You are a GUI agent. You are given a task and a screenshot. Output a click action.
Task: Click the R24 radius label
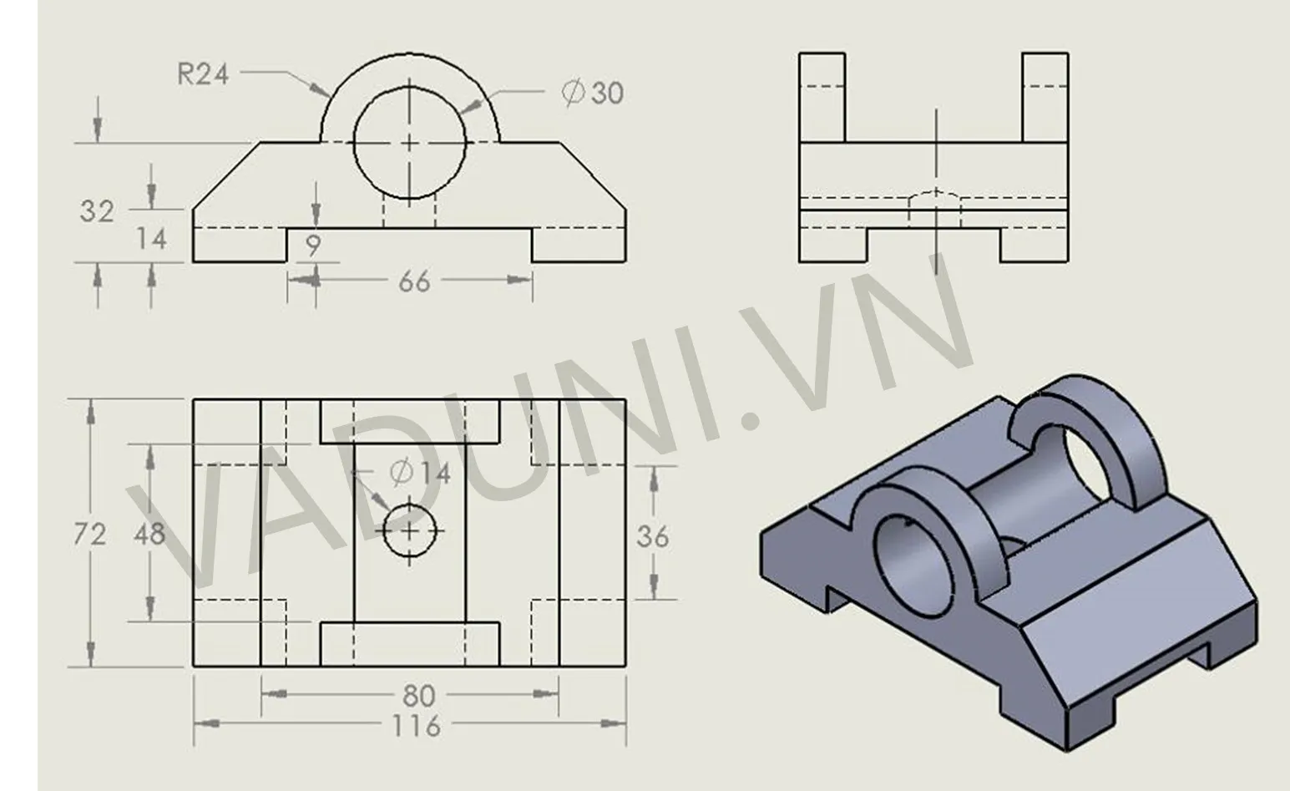[x=203, y=74]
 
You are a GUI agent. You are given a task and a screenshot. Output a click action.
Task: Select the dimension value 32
[x=96, y=211]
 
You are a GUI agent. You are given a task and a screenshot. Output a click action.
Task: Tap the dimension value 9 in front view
[x=313, y=246]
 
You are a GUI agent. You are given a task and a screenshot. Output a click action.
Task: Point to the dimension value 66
[x=414, y=281]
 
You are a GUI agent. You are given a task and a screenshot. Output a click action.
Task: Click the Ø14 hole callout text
[x=420, y=473]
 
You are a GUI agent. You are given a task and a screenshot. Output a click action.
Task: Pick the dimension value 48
[x=149, y=534]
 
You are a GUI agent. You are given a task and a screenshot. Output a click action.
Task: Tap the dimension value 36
[x=652, y=536]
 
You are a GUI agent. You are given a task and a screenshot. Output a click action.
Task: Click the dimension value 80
[x=417, y=694]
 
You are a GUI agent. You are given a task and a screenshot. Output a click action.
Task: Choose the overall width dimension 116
[x=416, y=726]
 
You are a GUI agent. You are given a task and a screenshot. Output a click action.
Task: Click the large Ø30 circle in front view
[x=410, y=143]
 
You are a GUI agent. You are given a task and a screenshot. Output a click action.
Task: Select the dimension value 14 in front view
[x=151, y=240]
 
